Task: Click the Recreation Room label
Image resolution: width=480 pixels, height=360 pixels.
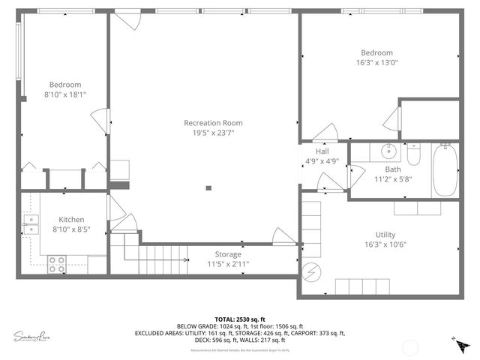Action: click(213, 123)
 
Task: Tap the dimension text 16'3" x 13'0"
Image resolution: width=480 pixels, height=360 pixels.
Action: click(376, 63)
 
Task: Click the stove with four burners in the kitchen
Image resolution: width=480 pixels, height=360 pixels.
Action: click(57, 264)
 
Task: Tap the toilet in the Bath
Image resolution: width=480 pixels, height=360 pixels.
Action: click(412, 155)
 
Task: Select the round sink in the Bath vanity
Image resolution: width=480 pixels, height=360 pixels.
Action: click(388, 151)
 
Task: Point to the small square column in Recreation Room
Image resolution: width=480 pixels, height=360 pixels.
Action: click(209, 187)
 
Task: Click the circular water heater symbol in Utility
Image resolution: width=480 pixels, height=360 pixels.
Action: click(310, 271)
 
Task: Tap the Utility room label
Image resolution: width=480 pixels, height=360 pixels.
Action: click(379, 235)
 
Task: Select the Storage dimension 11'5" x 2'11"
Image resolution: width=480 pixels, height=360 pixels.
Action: click(228, 265)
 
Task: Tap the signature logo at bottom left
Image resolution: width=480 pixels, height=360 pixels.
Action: click(34, 336)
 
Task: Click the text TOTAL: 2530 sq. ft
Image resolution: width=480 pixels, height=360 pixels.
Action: click(240, 318)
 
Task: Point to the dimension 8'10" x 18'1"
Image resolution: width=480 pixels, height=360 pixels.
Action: click(64, 94)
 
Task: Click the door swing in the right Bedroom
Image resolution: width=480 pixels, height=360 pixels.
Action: click(391, 118)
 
